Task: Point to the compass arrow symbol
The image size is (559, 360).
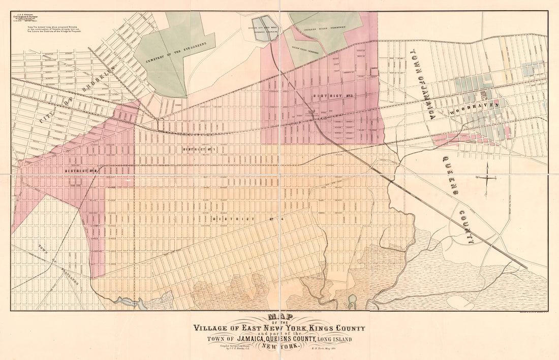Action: [487, 178]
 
